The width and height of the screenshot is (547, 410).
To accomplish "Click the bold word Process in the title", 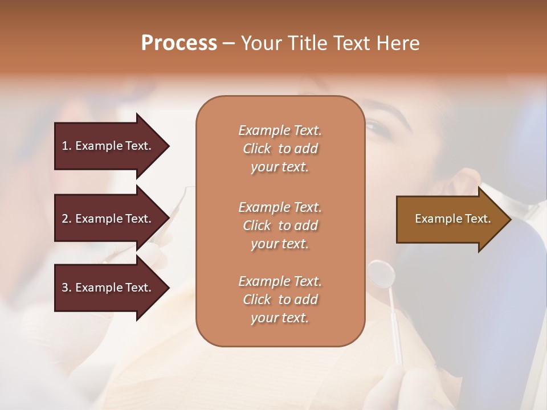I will click(179, 43).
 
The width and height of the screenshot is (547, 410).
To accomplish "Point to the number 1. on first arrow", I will click(66, 146).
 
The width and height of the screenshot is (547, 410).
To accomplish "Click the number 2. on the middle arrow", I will click(66, 219).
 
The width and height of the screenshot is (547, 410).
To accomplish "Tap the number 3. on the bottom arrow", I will click(66, 288).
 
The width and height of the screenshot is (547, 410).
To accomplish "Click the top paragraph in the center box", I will click(280, 149).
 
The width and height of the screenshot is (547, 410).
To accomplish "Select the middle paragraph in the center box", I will click(280, 225).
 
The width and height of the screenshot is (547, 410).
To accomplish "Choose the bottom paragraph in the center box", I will click(280, 300).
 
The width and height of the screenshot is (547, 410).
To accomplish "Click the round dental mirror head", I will click(381, 274).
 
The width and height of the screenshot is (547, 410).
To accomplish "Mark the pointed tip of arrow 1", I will click(168, 146).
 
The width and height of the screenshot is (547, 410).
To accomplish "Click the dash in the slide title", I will click(228, 43).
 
